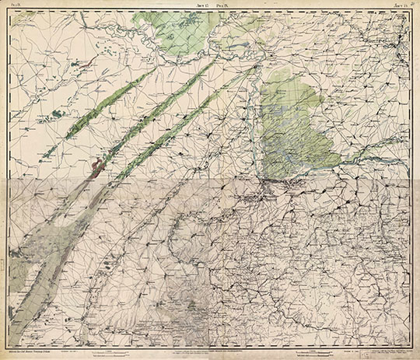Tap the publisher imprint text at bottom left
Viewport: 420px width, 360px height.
click(x=37, y=344)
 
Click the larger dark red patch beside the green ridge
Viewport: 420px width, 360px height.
click(x=97, y=165)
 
